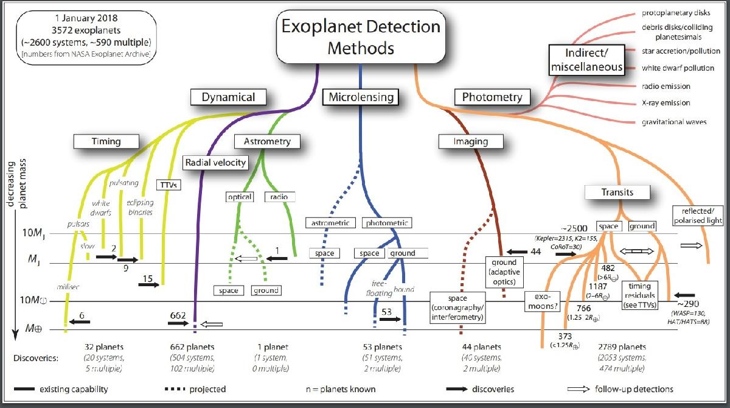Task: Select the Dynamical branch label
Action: coord(228,97)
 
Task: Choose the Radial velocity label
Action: coord(216,162)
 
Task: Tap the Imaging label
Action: coord(471,142)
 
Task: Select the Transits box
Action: coord(617,192)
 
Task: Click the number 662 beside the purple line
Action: coord(178,315)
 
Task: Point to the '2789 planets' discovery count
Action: coord(622,346)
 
